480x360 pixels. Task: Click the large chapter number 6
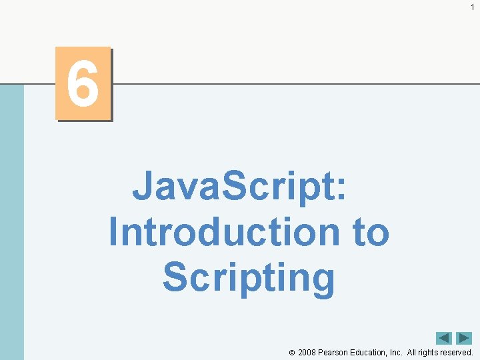83,84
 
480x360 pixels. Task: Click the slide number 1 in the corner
472,7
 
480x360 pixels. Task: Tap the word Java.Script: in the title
239,186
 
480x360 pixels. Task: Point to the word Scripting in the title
249,278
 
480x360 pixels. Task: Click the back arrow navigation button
444,338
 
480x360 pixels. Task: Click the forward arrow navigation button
464,338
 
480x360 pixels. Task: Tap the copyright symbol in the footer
292,353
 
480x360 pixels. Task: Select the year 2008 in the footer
307,353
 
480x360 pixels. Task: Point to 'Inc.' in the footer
395,353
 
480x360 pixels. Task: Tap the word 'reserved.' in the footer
457,353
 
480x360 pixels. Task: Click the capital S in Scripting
175,277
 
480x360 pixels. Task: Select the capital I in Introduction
113,231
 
